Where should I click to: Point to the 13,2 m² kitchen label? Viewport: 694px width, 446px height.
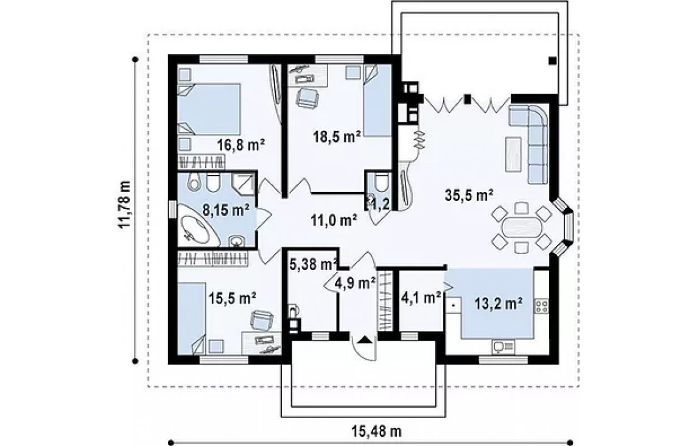click(x=499, y=303)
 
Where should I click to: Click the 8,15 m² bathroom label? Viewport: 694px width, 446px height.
click(x=226, y=210)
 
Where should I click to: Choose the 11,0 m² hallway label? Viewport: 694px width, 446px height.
click(x=334, y=219)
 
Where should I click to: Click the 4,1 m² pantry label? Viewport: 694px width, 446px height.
click(x=421, y=297)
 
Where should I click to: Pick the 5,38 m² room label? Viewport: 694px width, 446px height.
click(x=314, y=264)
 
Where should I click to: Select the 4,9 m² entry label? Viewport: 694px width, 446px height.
click(x=356, y=282)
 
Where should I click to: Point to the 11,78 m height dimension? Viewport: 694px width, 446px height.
click(x=125, y=204)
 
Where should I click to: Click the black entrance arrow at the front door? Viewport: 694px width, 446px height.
click(x=365, y=340)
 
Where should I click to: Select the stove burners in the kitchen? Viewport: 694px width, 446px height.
click(x=541, y=306)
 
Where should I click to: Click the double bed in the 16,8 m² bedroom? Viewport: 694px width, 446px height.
click(x=209, y=109)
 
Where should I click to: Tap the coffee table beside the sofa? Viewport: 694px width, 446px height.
click(x=513, y=154)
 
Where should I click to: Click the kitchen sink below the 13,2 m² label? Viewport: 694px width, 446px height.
click(x=503, y=346)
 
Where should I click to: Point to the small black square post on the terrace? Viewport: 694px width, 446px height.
click(x=552, y=61)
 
